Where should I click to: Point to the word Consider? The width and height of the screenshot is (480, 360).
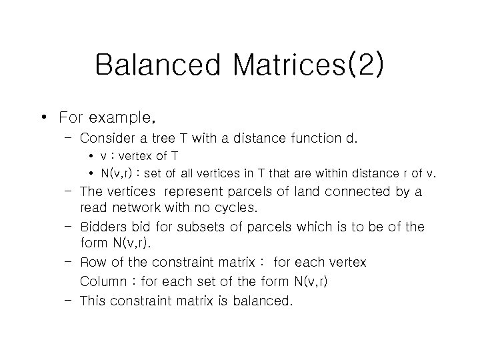click(x=108, y=139)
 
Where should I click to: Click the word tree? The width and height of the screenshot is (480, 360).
click(x=167, y=139)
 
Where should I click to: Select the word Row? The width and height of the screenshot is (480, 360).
click(x=93, y=263)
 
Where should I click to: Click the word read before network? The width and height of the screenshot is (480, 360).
click(x=95, y=208)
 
